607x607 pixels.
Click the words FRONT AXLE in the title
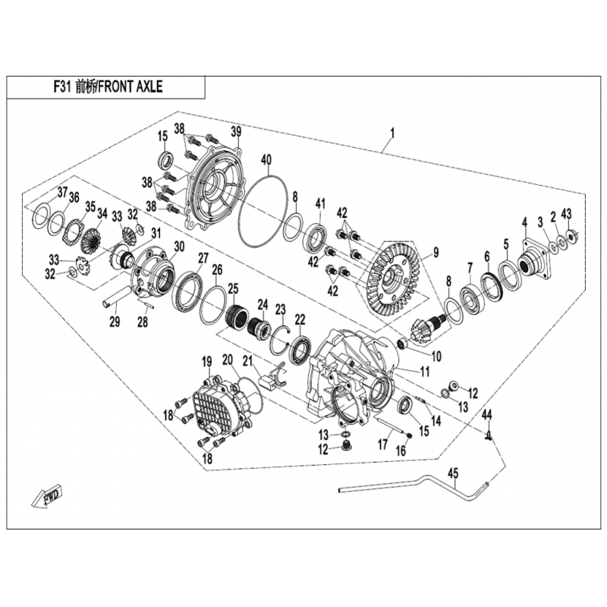[x=130, y=86]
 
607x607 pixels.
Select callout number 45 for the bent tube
[x=453, y=473]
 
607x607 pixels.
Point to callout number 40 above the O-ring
[x=266, y=159]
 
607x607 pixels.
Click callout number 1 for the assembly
[x=392, y=134]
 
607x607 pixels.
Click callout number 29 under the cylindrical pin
[x=115, y=322]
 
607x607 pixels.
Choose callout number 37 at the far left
[x=63, y=193]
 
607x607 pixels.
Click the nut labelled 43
[x=570, y=235]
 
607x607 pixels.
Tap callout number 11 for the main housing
[x=425, y=372]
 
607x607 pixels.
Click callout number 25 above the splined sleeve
[x=233, y=288]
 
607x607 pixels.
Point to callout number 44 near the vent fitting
[x=486, y=414]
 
